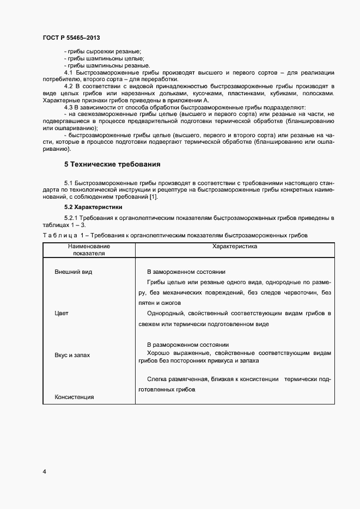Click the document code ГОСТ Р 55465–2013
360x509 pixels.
tap(71, 37)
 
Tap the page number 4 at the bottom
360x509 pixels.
tap(44, 471)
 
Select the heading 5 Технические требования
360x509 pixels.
tap(112, 164)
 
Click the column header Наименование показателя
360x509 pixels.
tap(89, 250)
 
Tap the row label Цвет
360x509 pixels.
tap(62, 314)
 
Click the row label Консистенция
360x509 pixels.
tap(75, 397)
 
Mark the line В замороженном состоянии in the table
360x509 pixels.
tap(186, 271)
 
